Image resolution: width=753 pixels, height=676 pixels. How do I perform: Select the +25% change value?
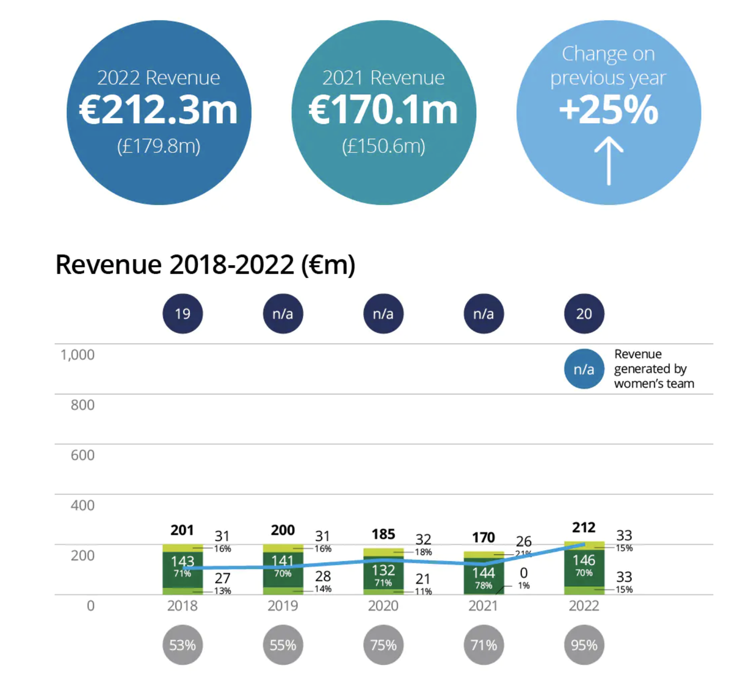click(609, 110)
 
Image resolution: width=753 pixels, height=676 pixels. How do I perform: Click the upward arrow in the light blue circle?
click(609, 160)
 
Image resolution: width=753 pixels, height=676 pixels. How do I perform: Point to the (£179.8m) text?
click(159, 146)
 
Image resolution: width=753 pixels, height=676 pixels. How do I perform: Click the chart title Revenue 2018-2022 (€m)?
click(205, 265)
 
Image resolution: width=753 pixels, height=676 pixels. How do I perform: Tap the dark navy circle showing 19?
click(183, 313)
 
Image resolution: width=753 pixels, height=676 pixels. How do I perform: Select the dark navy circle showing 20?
click(584, 313)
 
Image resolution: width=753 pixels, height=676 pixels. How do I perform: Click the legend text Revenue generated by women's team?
click(654, 369)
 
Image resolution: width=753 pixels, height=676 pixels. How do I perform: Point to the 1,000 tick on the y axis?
click(77, 355)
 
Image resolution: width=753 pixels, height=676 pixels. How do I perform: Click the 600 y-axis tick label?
click(83, 455)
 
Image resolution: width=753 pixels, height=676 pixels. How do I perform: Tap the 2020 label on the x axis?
click(383, 606)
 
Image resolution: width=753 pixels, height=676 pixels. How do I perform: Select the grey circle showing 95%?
click(584, 645)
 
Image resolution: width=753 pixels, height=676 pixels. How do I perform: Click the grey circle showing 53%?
click(183, 645)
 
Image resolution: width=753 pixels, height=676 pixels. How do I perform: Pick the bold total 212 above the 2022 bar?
click(584, 527)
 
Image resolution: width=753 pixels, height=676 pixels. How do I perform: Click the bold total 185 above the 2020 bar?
click(383, 534)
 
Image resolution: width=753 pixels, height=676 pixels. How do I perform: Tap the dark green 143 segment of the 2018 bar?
click(183, 570)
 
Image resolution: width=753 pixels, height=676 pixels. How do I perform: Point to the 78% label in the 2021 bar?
click(484, 585)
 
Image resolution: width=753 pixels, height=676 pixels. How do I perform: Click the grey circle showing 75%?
click(383, 645)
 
